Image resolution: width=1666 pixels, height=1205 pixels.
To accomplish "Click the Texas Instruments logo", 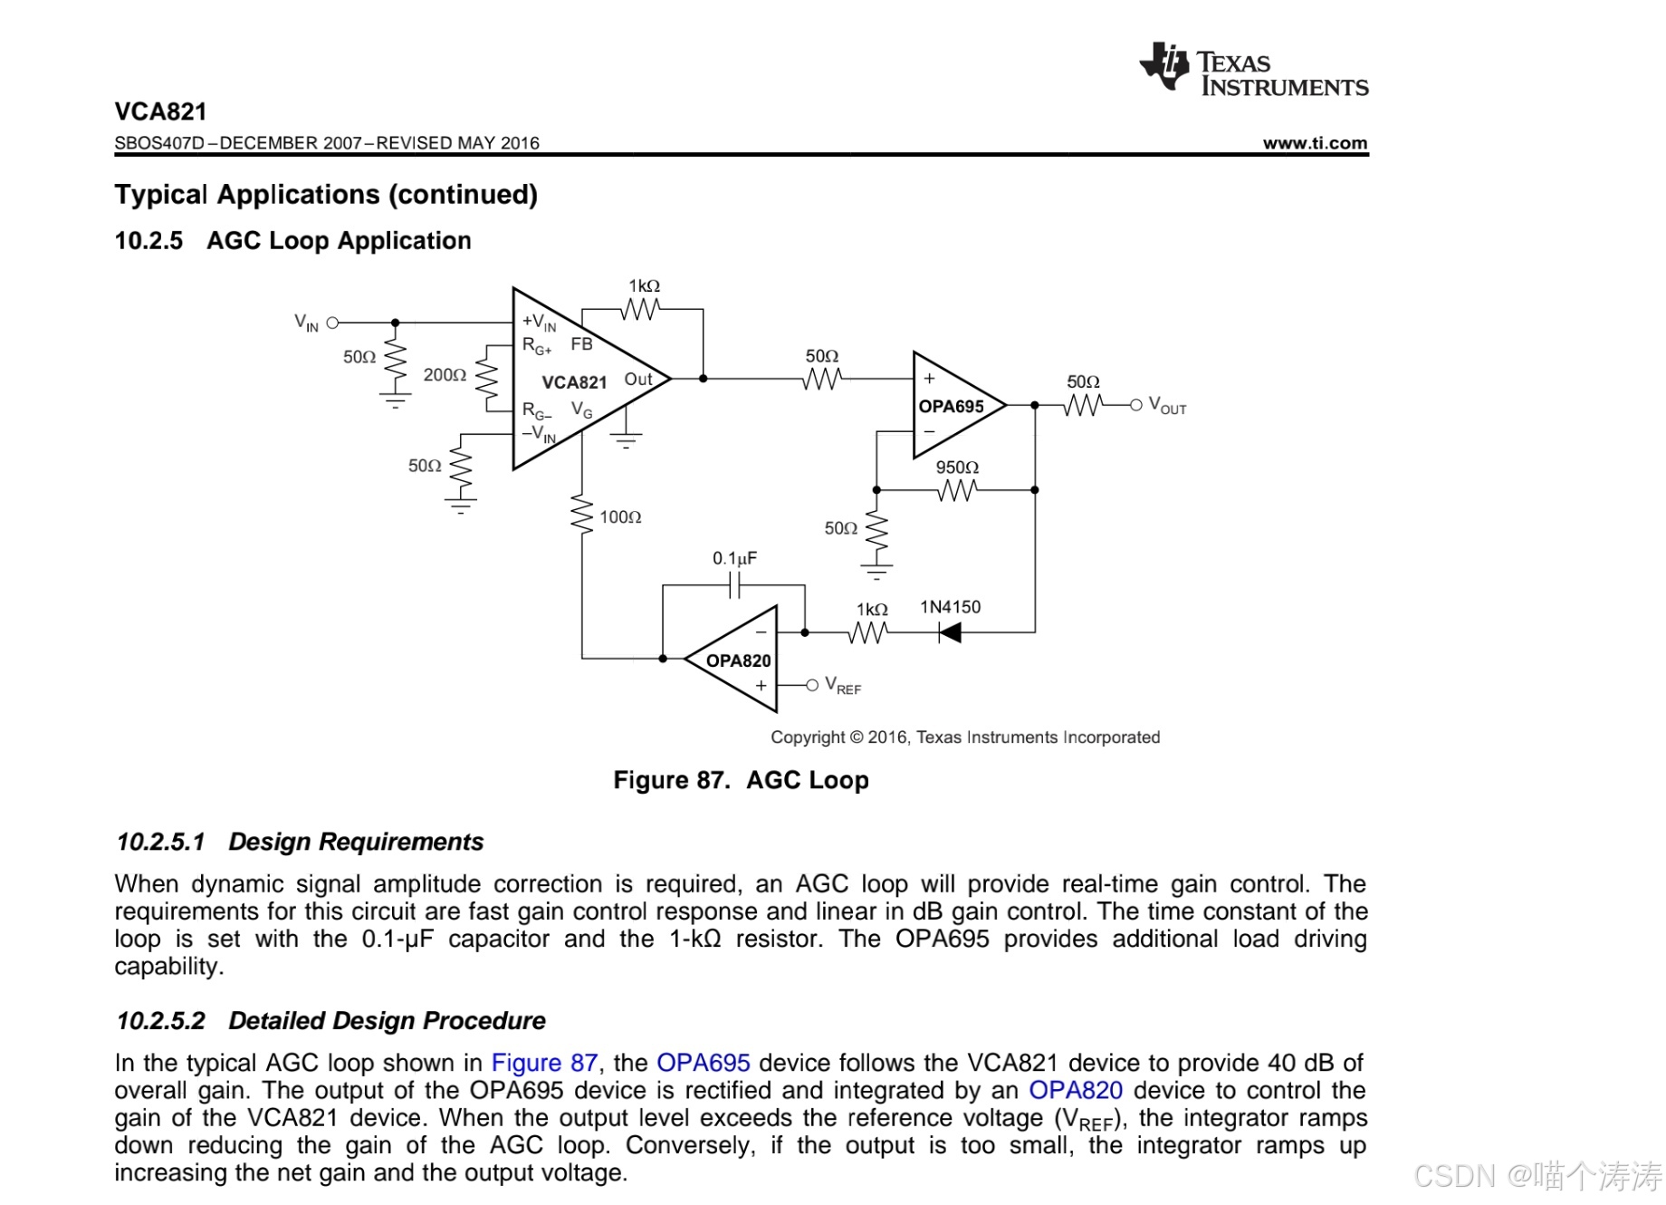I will (1253, 69).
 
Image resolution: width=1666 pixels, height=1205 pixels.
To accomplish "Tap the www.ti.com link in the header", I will (1315, 143).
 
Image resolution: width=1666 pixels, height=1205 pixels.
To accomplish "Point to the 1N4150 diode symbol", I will (950, 632).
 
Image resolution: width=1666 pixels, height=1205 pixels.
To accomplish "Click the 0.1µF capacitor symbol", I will (734, 586).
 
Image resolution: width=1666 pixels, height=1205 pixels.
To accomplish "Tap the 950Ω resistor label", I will (957, 468).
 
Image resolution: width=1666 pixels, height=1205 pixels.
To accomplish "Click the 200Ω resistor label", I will (445, 375).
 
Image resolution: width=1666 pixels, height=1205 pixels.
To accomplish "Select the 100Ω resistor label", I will (620, 517).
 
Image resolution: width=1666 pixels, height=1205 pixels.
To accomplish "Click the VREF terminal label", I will (843, 686).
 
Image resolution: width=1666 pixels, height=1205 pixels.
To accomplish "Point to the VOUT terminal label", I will (1167, 406).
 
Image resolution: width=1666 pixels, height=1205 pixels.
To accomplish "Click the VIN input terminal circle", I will (332, 323).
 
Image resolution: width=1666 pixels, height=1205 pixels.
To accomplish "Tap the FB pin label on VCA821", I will (581, 344).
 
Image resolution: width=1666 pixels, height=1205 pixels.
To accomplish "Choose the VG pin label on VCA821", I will (581, 410).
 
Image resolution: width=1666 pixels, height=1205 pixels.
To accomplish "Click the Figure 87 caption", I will (741, 780).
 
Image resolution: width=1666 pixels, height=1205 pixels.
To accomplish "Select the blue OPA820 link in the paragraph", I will (1075, 1090).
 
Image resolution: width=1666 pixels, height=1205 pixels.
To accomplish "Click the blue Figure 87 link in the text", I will (544, 1063).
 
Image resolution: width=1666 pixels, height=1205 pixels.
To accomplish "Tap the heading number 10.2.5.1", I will (160, 842).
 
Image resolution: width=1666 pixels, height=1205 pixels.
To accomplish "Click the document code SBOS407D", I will (159, 143).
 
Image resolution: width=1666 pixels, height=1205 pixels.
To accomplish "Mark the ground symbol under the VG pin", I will (626, 440).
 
